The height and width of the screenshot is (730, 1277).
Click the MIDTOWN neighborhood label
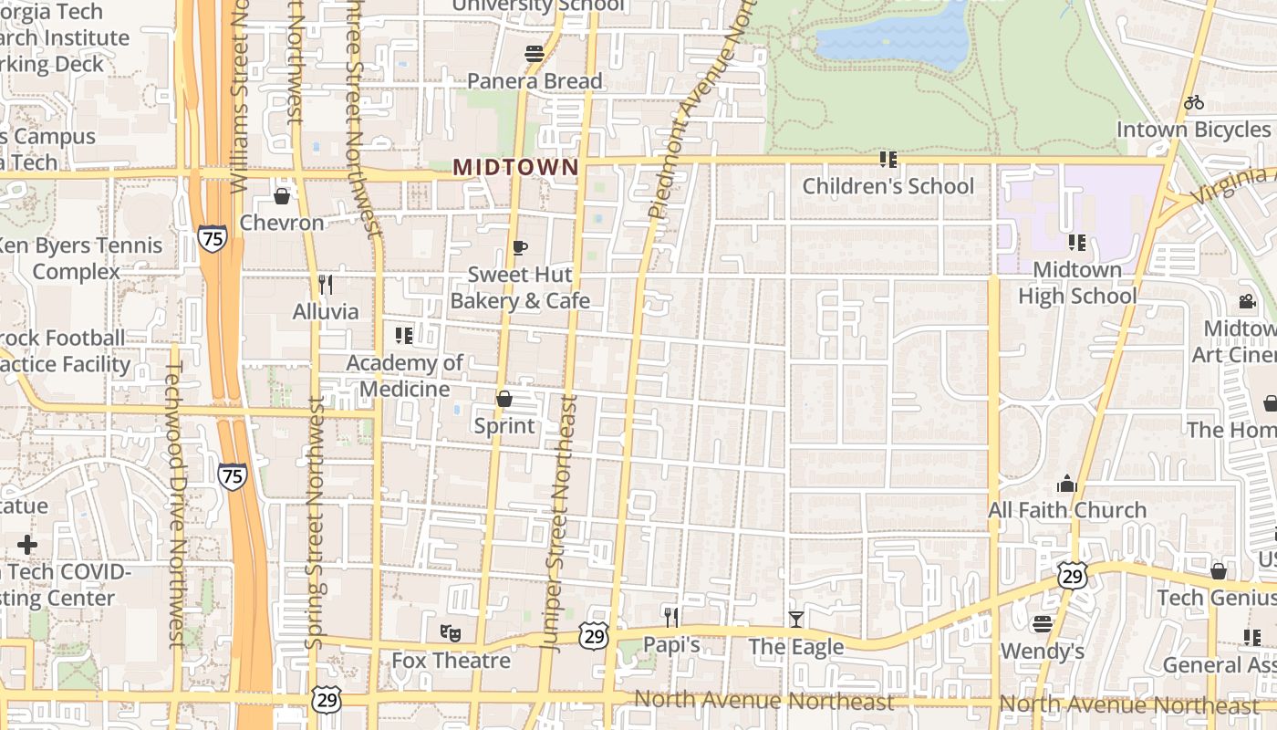pos(516,167)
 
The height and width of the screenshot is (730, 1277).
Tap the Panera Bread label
pos(535,81)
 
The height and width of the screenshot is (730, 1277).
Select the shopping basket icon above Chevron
pos(282,196)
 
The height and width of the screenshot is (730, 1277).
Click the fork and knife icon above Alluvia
pos(324,284)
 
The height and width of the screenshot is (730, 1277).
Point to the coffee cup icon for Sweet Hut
pos(519,247)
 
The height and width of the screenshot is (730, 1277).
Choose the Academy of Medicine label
pos(404,376)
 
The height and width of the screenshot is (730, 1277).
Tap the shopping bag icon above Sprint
pos(504,399)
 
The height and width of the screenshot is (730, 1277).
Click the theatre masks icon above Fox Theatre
pos(451,631)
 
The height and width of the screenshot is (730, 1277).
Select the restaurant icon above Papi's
pos(671,618)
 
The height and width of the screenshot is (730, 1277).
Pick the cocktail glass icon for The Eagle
pos(796,620)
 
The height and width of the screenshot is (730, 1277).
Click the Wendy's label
pos(1043,652)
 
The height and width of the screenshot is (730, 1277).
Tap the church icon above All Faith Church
pos(1066,484)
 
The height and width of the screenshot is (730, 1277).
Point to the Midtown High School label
pos(1077,283)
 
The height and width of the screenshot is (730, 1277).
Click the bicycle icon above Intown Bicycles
pos(1194,102)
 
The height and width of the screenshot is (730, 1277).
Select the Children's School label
pos(888,186)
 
